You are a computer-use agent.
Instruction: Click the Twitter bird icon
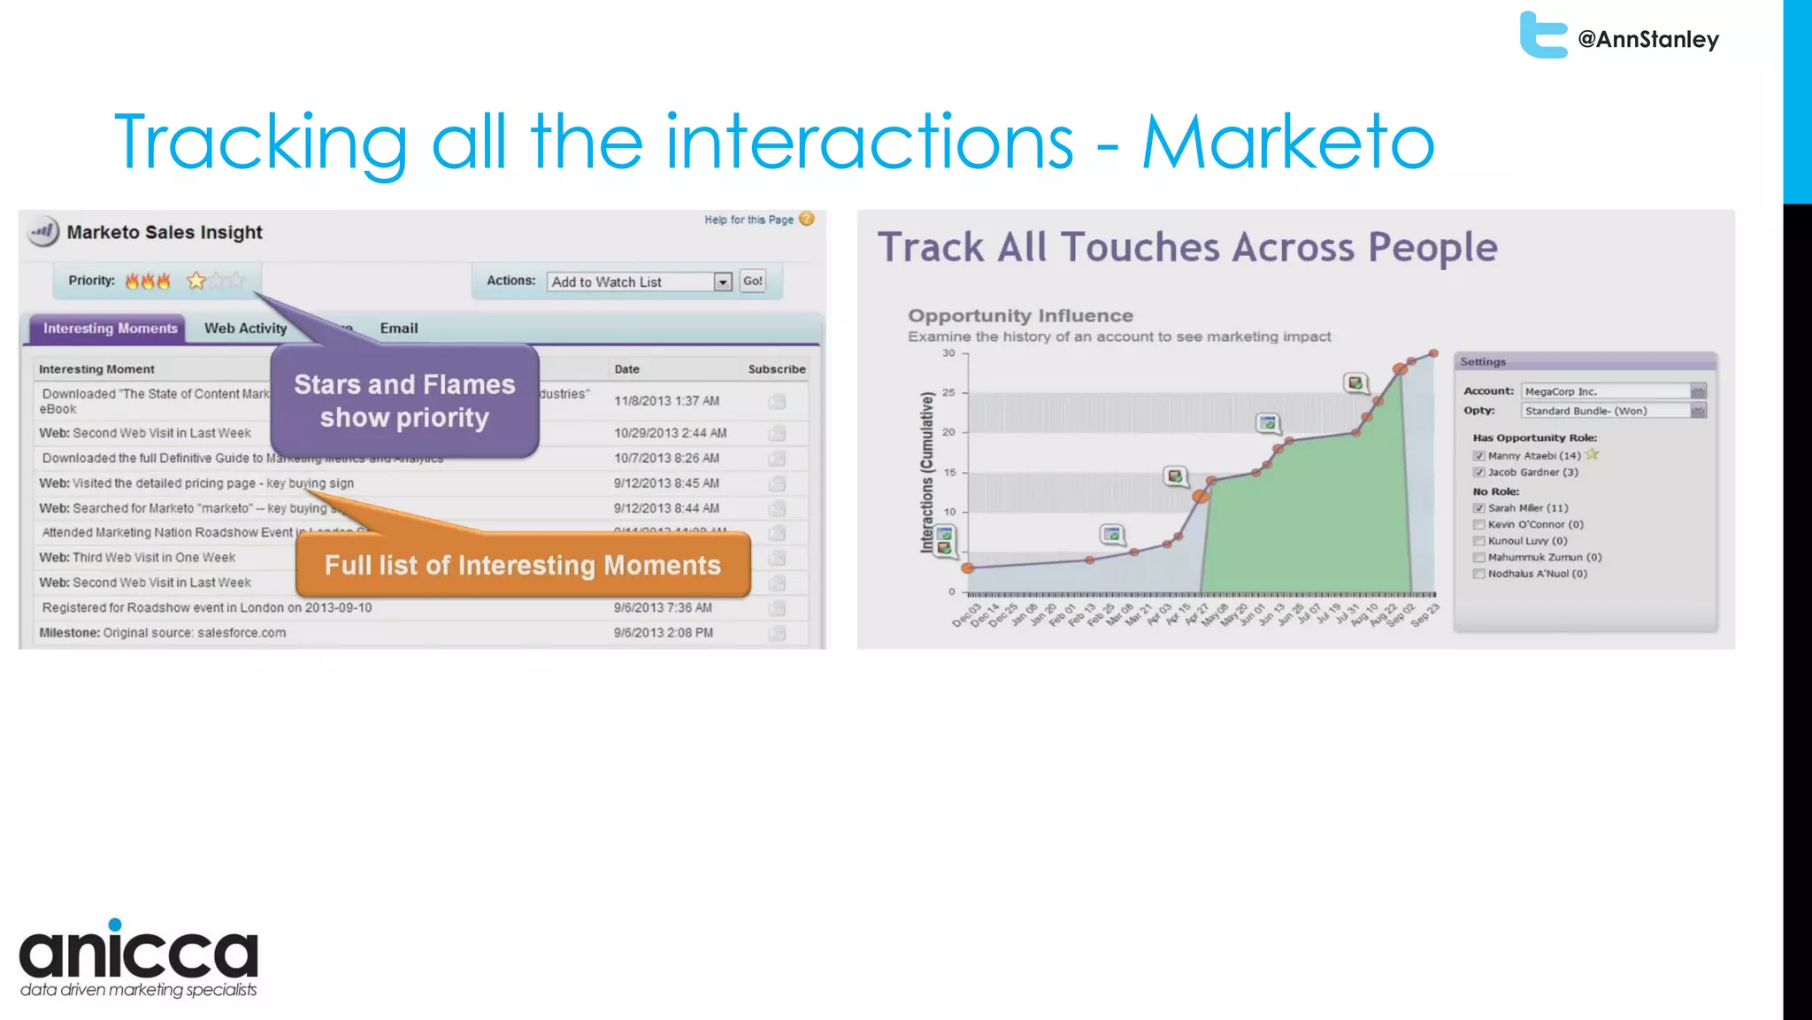[1542, 35]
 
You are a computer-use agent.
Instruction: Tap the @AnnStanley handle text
[1647, 40]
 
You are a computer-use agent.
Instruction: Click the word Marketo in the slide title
[1287, 142]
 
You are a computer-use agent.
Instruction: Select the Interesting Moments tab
[110, 328]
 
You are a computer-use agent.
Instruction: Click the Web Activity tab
[245, 328]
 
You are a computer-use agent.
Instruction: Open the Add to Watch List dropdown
[722, 282]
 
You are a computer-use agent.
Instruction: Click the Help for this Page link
[749, 220]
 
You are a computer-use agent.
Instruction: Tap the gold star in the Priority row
[196, 281]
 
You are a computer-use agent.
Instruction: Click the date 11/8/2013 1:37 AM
[666, 401]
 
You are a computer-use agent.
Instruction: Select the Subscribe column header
[776, 369]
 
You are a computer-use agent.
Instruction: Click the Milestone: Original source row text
[163, 633]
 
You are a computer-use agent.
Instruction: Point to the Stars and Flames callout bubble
[404, 401]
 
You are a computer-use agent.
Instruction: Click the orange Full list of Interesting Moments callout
[522, 565]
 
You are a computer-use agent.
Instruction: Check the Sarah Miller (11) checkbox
[1478, 508]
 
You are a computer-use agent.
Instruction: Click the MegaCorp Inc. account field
[1605, 391]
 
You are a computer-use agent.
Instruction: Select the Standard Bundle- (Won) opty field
[1605, 411]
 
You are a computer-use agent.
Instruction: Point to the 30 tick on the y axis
[948, 353]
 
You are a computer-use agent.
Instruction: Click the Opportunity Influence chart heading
[1019, 316]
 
